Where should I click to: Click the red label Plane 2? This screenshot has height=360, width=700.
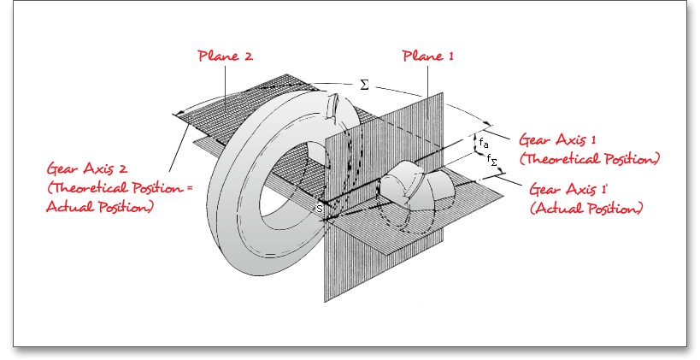pos(226,56)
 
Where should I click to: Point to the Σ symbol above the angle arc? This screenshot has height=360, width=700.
pos(363,86)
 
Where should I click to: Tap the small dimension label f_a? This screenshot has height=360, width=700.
pos(484,141)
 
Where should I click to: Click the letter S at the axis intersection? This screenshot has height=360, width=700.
pos(320,209)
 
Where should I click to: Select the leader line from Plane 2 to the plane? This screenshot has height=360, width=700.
pos(226,82)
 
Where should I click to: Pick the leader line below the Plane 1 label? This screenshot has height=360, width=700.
pos(424,80)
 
